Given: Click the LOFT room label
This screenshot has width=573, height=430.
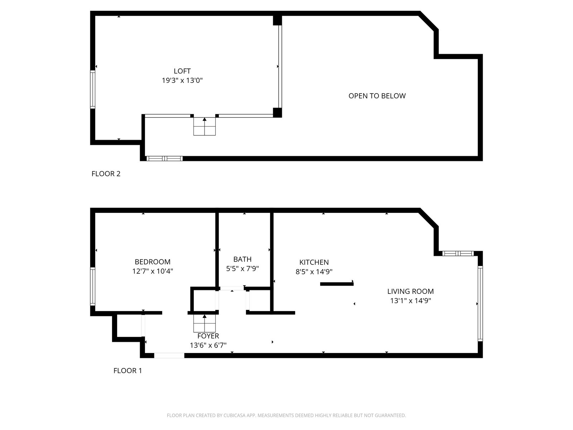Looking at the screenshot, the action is [182, 71].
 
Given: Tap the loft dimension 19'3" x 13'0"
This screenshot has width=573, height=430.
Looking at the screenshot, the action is [182, 80].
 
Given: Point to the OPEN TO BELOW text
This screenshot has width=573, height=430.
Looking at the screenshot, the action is [377, 96].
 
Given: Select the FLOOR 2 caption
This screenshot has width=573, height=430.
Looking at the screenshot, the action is [106, 174].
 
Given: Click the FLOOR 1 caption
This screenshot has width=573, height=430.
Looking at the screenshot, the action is [127, 371].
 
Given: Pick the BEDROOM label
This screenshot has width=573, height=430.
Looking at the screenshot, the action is [153, 262].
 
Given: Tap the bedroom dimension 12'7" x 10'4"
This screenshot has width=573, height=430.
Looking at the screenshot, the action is [153, 271].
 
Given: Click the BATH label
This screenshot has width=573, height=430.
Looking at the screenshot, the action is [242, 259].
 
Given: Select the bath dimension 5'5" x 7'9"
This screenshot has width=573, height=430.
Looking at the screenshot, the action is [242, 269].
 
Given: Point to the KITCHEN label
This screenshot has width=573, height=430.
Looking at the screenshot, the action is [314, 262].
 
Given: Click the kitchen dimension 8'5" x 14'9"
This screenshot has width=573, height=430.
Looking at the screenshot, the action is [314, 272].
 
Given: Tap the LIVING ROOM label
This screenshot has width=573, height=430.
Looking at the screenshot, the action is [410, 291].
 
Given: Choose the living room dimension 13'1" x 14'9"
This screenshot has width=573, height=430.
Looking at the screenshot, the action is [410, 301].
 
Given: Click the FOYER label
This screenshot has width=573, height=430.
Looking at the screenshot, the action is [208, 336].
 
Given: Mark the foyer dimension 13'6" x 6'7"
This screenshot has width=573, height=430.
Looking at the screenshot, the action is [208, 345].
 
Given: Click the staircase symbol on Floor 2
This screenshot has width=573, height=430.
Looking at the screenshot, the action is [204, 126].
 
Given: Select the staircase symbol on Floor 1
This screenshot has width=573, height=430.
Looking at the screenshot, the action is [204, 323].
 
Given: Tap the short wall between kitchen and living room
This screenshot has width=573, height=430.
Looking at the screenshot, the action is [337, 284].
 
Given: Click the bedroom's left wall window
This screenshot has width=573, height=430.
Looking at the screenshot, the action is [93, 286].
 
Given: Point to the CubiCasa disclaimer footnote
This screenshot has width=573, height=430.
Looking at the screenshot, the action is [286, 415].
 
